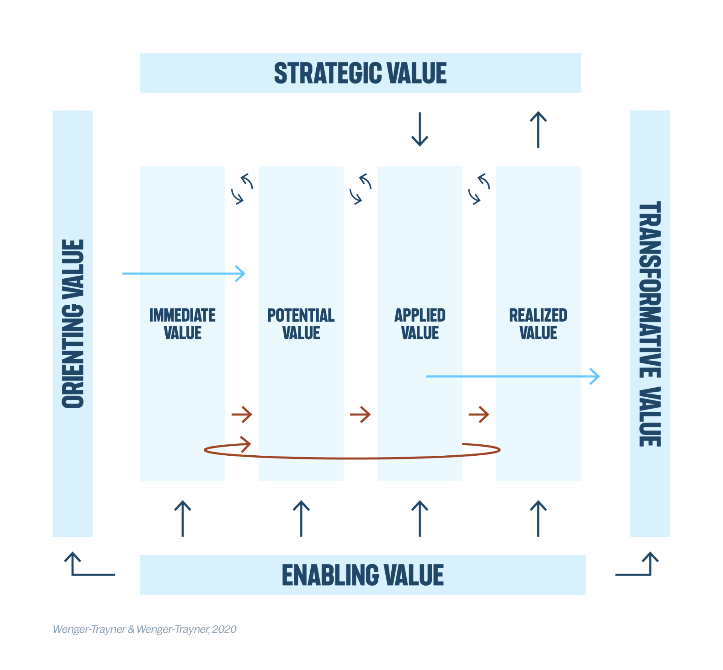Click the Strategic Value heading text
click(360, 73)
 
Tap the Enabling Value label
click(363, 575)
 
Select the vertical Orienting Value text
click(73, 324)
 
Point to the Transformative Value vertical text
click(650, 324)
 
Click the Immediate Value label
click(183, 324)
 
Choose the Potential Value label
click(301, 324)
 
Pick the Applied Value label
click(419, 324)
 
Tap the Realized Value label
click(538, 324)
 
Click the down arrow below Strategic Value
click(419, 129)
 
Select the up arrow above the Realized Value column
click(538, 129)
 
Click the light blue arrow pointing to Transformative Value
click(512, 376)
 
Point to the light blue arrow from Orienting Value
click(184, 273)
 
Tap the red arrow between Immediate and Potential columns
click(242, 415)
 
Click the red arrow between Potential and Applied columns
click(360, 415)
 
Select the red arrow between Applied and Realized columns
click(479, 415)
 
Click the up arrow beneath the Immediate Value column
click(183, 518)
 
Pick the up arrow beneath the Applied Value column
click(419, 518)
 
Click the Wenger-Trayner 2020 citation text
click(145, 629)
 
